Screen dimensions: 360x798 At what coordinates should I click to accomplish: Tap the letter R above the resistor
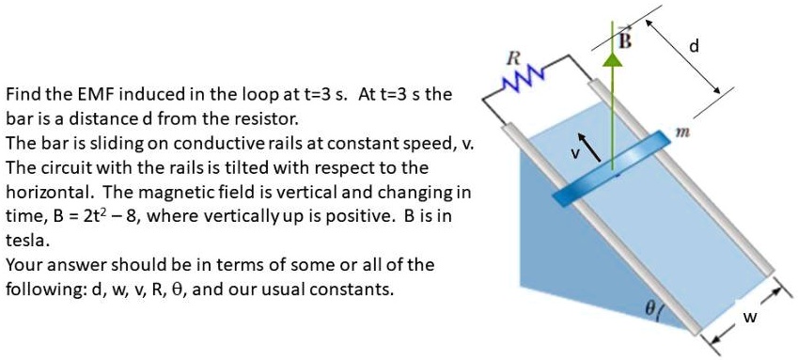pyautogui.click(x=512, y=57)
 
